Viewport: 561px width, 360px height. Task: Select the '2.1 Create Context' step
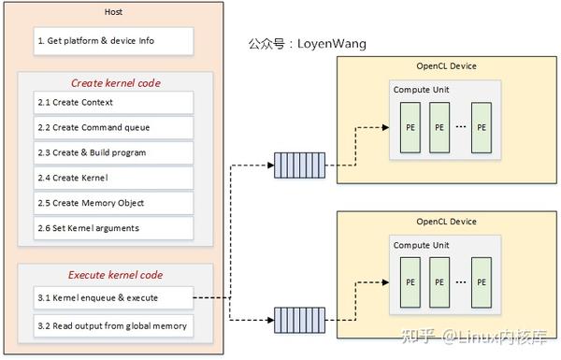click(x=114, y=102)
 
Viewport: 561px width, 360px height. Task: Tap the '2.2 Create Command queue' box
click(x=114, y=127)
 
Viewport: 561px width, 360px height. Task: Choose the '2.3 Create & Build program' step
click(x=114, y=152)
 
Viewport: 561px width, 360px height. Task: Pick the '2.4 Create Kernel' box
click(x=114, y=178)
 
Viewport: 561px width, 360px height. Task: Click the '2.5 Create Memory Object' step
click(x=114, y=203)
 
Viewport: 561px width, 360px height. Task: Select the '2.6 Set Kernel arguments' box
click(x=114, y=228)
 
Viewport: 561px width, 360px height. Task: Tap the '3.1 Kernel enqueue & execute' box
click(x=114, y=298)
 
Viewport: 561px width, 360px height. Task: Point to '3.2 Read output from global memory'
click(x=114, y=325)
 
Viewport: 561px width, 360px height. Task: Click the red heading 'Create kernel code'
click(x=116, y=82)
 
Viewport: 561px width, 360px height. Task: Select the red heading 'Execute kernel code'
click(x=116, y=275)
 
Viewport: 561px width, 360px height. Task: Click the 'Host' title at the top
click(x=114, y=11)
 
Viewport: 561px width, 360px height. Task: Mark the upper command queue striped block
click(x=299, y=166)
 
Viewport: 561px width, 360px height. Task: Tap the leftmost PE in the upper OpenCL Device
click(x=410, y=127)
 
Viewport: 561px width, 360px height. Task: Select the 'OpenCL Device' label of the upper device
click(x=445, y=67)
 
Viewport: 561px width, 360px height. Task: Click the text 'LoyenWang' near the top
click(x=332, y=44)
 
